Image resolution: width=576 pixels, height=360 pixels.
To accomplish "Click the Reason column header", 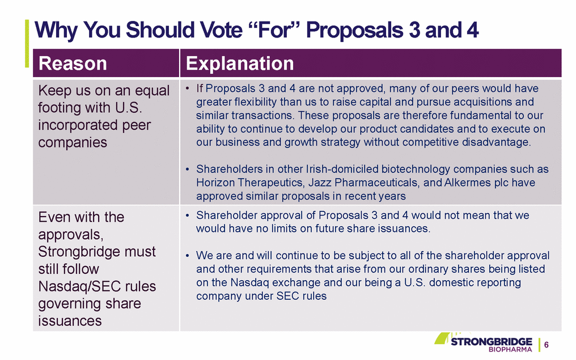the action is pyautogui.click(x=73, y=63).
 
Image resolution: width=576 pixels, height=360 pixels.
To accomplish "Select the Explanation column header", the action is pyautogui.click(x=240, y=63).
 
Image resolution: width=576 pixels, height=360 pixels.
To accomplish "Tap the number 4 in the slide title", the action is pyautogui.click(x=473, y=29).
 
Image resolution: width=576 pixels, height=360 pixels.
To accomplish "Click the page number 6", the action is pyautogui.click(x=547, y=345).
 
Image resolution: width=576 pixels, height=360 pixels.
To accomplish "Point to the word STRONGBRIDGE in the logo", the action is pyautogui.click(x=492, y=342).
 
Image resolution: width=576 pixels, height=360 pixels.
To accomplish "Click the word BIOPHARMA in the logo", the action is pyautogui.click(x=510, y=349).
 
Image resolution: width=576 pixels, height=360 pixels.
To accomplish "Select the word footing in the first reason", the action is pyautogui.click(x=60, y=108).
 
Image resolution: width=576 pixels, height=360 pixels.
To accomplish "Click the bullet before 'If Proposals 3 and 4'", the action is pyautogui.click(x=187, y=88).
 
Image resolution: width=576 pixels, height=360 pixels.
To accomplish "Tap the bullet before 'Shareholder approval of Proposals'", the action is pyautogui.click(x=187, y=215).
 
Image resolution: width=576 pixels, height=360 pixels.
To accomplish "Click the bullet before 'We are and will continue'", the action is pyautogui.click(x=187, y=256).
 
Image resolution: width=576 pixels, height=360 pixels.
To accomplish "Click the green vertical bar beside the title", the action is pyautogui.click(x=27, y=43).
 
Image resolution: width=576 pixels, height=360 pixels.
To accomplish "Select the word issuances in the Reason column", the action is pyautogui.click(x=70, y=321).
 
